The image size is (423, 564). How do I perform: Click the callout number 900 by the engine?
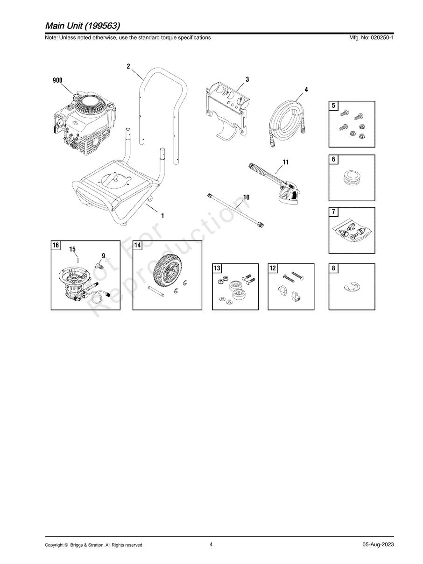point(57,80)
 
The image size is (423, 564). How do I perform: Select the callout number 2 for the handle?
point(128,66)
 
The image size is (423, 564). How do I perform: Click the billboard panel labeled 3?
point(227,108)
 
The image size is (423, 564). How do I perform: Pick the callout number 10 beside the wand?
point(246,197)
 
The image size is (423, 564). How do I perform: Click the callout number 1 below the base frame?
point(162,216)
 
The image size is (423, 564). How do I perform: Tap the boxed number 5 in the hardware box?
point(333,106)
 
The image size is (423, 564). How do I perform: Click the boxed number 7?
point(333,212)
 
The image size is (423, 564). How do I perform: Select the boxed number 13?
point(217,268)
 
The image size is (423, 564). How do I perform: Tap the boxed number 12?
point(273,268)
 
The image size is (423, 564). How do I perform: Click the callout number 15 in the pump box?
point(73,250)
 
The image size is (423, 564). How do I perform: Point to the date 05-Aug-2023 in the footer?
point(378,544)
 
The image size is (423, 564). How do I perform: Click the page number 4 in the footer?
point(211,544)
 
